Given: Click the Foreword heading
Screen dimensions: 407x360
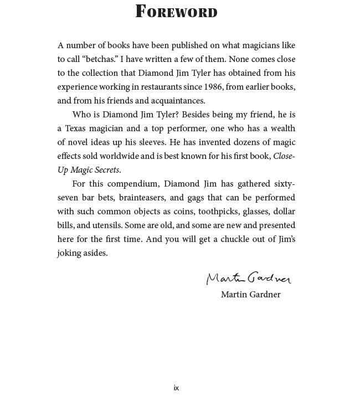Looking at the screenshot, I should coord(176,12).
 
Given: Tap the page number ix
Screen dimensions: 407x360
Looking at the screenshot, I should coord(176,388).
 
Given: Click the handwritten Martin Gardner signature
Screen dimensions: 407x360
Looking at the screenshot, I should coord(249,277).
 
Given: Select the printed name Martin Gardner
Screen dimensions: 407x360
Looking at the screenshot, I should coord(250,295).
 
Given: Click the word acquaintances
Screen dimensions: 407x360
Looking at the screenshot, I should coord(174,101).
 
